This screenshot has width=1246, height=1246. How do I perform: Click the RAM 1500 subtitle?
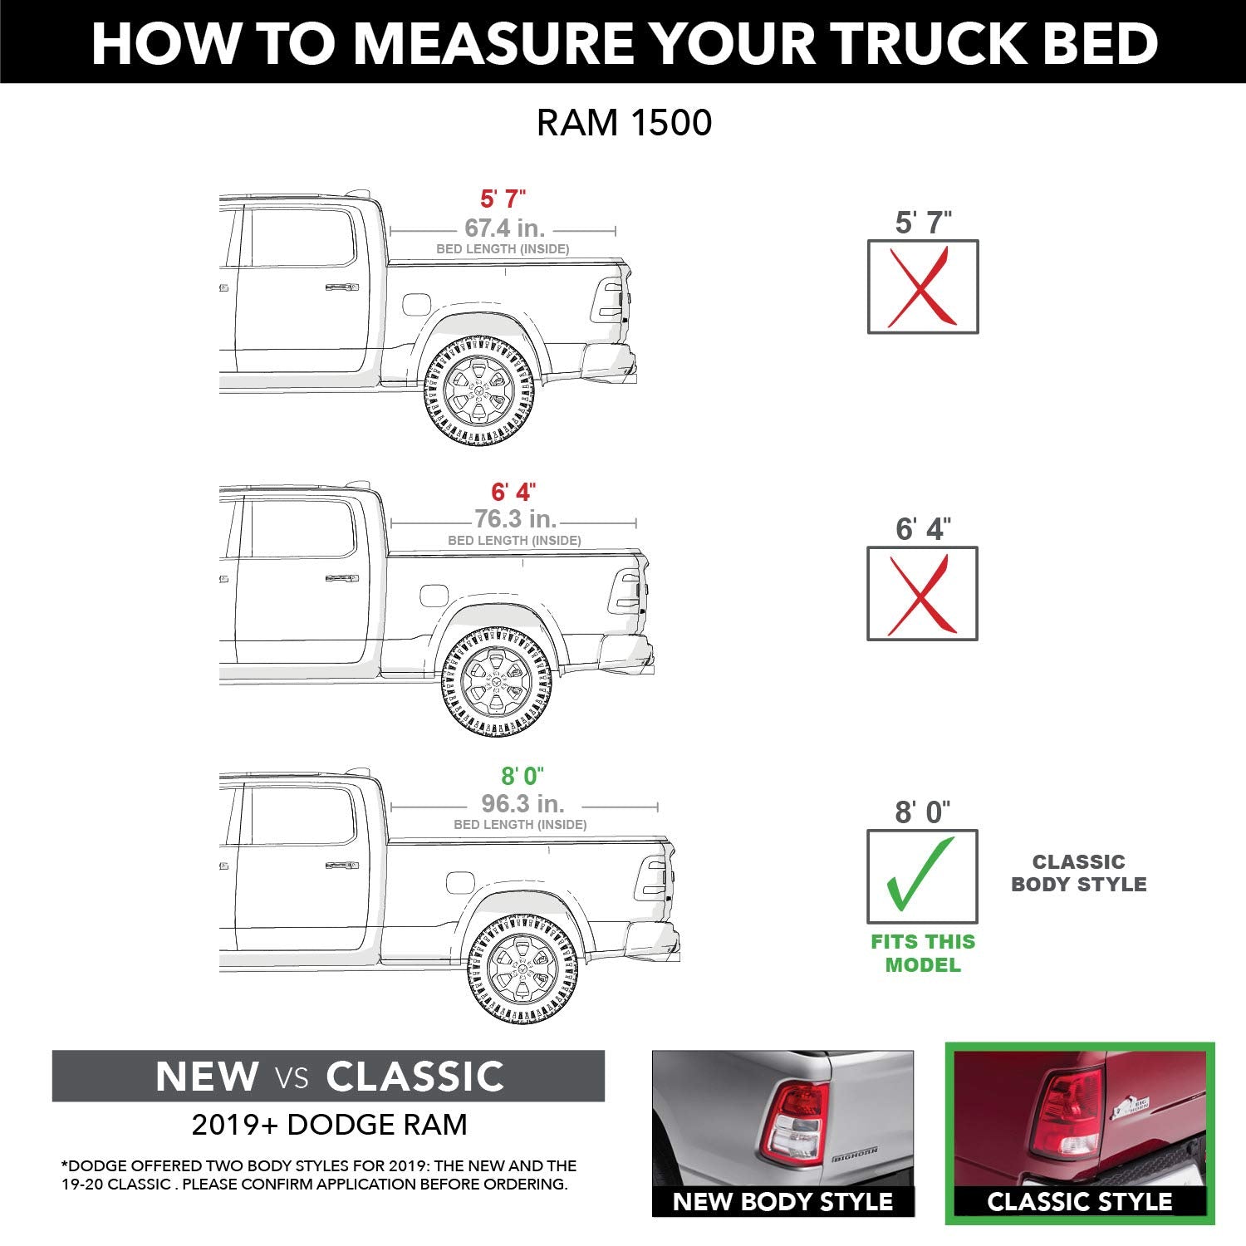coord(624,123)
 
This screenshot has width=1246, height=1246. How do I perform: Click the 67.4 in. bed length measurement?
coord(504,228)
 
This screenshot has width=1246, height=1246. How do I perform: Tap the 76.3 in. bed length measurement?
coord(515,519)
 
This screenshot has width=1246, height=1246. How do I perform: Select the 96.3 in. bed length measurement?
coord(522,803)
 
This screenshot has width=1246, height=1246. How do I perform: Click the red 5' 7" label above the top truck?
coord(503,199)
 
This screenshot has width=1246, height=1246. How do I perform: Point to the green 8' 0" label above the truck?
coord(522,776)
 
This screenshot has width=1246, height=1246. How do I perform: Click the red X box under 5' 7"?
coord(923,287)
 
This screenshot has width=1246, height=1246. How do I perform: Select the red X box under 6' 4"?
coord(922,594)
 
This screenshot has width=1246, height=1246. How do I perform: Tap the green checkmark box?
coord(922,876)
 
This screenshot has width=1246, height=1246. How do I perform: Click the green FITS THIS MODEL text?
coord(923,954)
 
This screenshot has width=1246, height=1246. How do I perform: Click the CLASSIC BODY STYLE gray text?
coord(1078,873)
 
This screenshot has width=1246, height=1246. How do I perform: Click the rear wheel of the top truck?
coord(479,390)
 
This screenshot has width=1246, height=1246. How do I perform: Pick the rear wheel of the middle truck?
coord(497,682)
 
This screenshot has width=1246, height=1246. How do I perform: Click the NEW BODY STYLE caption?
coord(782,1202)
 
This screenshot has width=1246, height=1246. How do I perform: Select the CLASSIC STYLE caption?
coord(1079,1202)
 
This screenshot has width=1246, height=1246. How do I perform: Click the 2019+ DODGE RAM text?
coord(329,1125)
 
